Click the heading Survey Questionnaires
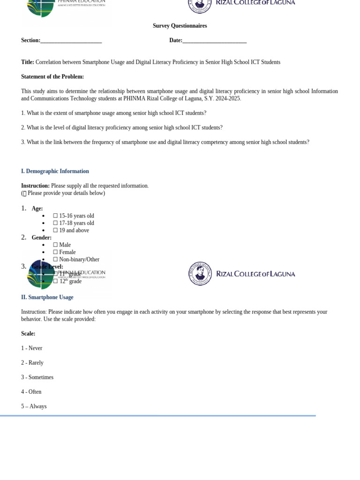click(x=180, y=26)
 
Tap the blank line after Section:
click(x=71, y=41)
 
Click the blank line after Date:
click(x=214, y=41)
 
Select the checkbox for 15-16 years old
click(x=55, y=216)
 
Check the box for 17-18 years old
click(x=55, y=223)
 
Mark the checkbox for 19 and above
click(x=55, y=231)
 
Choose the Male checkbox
click(x=55, y=245)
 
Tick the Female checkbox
click(x=55, y=252)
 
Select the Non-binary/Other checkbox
click(x=55, y=260)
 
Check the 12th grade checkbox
click(x=55, y=282)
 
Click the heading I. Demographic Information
click(x=55, y=172)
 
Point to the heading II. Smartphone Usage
click(x=47, y=298)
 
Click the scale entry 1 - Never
click(x=31, y=348)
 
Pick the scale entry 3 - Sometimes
click(x=37, y=377)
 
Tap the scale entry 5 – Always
click(x=34, y=406)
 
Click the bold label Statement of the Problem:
click(x=52, y=77)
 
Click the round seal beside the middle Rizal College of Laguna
click(x=200, y=274)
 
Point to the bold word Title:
click(x=28, y=62)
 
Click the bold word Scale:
click(x=28, y=334)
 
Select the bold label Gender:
click(x=42, y=238)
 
